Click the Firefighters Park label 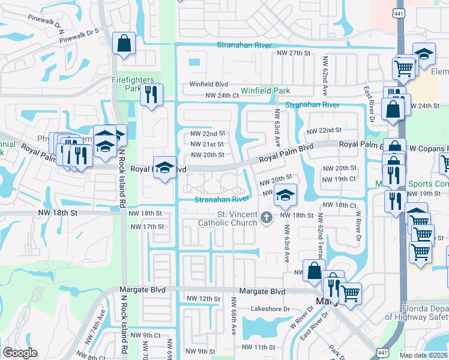[133, 84]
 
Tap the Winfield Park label [265, 91]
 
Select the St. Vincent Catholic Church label [228, 218]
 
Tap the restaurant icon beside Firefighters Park [150, 94]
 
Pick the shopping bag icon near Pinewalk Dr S [124, 44]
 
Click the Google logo [20, 353]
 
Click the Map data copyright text [424, 355]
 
